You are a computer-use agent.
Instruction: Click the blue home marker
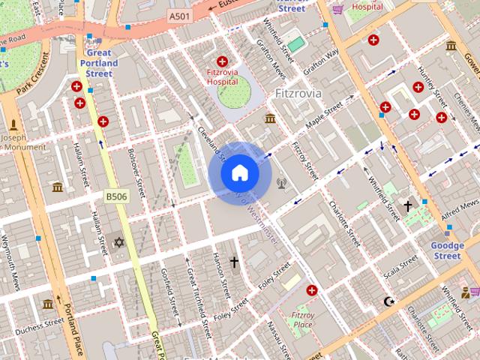[239, 173]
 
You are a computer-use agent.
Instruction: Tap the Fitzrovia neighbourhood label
[298, 94]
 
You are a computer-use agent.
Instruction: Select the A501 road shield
[179, 15]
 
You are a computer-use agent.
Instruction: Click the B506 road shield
[115, 196]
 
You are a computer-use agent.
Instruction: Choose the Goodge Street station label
[447, 250]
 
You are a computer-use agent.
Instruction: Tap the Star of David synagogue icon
[118, 242]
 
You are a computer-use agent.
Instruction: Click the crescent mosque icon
[388, 301]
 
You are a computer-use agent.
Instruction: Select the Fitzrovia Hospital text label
[222, 76]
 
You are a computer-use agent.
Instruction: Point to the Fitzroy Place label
[303, 319]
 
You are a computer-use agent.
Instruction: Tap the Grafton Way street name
[322, 62]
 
